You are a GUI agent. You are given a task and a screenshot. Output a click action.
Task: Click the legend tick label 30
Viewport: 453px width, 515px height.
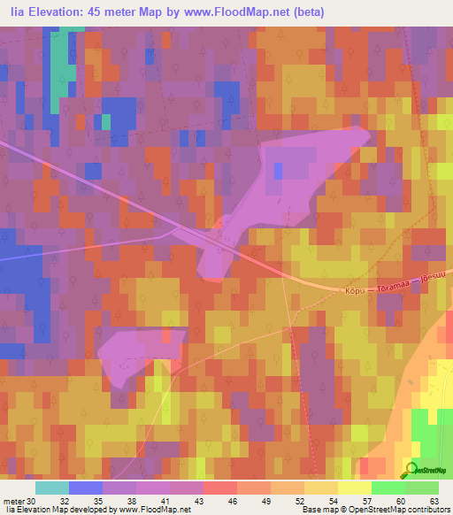point(33,500)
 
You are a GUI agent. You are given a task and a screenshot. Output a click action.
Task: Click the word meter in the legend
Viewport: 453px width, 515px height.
point(14,500)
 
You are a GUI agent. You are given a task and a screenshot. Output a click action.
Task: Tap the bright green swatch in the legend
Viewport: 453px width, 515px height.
point(388,488)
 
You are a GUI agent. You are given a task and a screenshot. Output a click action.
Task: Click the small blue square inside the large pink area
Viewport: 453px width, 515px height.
point(279,170)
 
